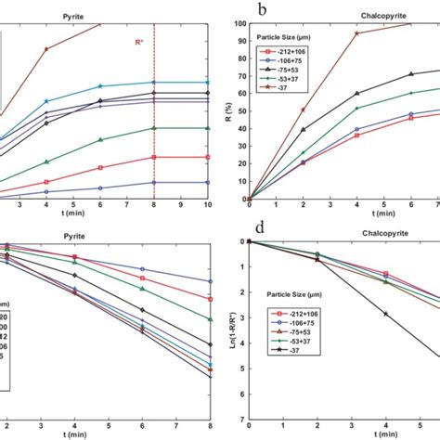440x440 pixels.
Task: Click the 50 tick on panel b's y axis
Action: tap(239, 111)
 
